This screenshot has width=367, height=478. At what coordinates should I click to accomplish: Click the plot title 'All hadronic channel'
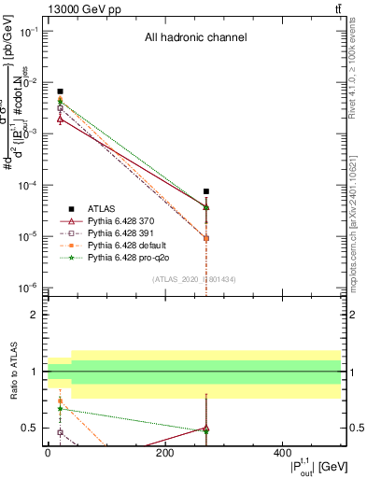coord(195,38)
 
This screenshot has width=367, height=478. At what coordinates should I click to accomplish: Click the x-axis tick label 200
coord(164,453)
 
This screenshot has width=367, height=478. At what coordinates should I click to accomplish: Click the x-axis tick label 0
coord(48,453)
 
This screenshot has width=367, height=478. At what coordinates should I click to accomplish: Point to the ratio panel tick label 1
coord(34,372)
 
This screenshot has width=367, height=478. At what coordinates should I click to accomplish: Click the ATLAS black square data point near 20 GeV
coord(60,91)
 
